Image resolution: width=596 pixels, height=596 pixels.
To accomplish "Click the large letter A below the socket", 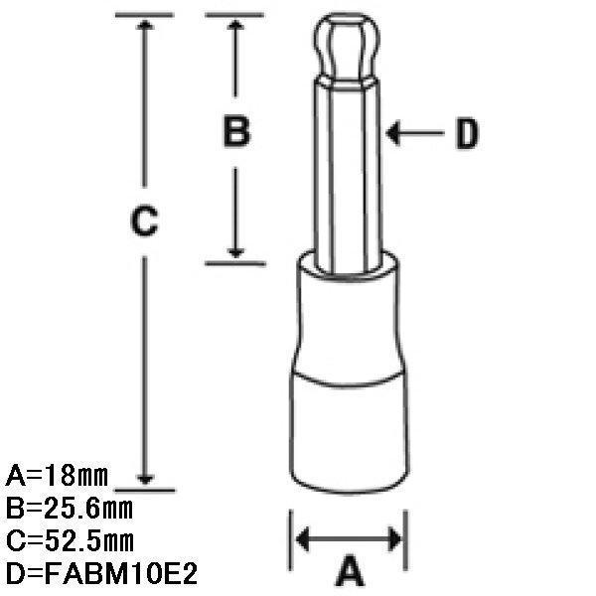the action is coord(350,570).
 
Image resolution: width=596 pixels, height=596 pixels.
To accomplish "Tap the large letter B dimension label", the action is coord(236,131).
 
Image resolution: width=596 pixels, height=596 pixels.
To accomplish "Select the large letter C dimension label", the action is coord(144,221).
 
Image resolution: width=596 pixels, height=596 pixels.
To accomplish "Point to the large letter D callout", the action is coord(467,134).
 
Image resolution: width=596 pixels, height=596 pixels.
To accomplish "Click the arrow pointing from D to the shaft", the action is coord(414,133).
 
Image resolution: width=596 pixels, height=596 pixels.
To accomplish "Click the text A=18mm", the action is coord(57,475).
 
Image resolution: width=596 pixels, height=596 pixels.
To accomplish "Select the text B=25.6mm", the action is coord(70,509).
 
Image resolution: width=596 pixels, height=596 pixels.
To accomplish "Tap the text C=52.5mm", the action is coord(70,541).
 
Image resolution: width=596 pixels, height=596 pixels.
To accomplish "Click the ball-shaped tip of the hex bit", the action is coord(347,46).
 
